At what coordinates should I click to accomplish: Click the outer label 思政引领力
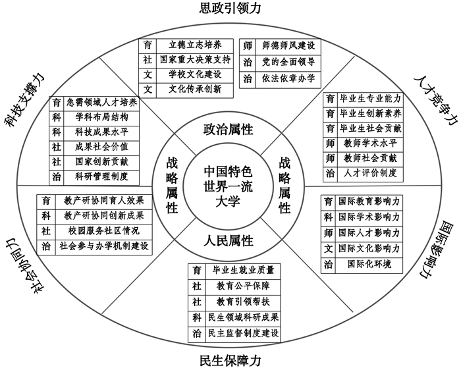(x=230, y=9)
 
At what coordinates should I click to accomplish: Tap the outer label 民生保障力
(x=230, y=361)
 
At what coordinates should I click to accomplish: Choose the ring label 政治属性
(x=230, y=129)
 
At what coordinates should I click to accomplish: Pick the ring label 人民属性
(x=230, y=240)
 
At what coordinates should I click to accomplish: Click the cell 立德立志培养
(x=195, y=45)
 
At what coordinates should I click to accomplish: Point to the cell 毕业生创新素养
(x=370, y=113)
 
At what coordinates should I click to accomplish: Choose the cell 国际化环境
(x=369, y=265)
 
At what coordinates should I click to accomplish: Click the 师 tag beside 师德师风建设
(x=248, y=45)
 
